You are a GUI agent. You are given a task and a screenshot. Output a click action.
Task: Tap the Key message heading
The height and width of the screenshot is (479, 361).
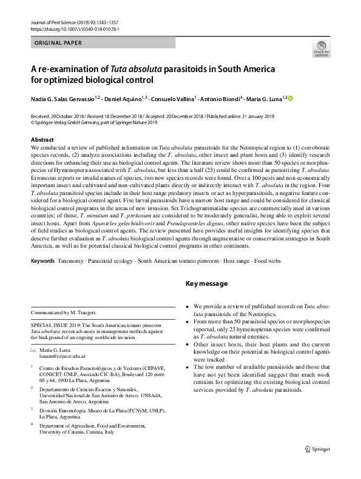click(206, 284)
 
